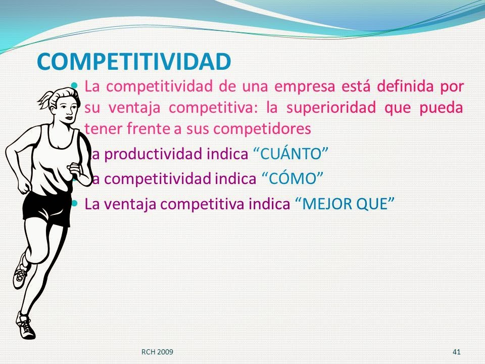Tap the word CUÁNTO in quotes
click(x=290, y=155)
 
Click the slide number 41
click(x=457, y=351)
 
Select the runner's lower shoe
click(x=25, y=326)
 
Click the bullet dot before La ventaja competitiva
click(x=75, y=203)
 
